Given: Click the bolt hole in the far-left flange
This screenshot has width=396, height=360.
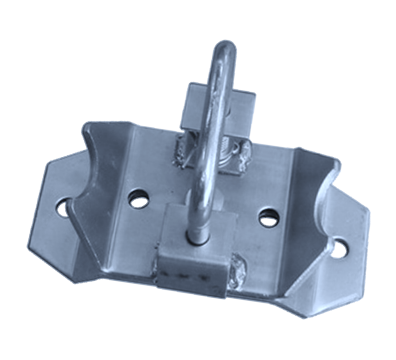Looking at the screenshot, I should (x=63, y=207).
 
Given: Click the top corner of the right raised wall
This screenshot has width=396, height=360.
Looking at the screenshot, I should (x=299, y=149).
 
